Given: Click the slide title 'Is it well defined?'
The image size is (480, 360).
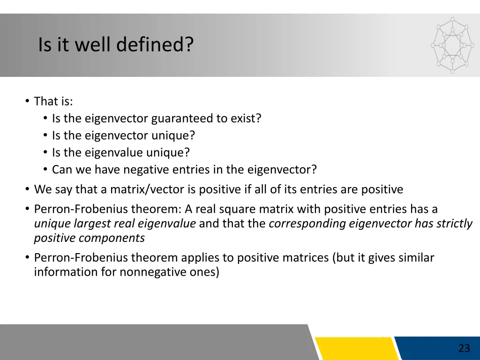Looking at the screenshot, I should click(x=115, y=45).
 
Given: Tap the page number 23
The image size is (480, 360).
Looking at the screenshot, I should click(x=464, y=348).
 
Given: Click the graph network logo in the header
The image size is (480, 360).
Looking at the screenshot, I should click(x=452, y=45).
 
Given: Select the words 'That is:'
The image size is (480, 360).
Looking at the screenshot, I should click(x=53, y=101).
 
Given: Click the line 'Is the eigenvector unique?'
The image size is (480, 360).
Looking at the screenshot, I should click(x=123, y=135).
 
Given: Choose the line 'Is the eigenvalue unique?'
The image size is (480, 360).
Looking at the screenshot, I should click(x=121, y=153).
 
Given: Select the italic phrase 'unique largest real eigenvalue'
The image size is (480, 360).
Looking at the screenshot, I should click(x=115, y=224).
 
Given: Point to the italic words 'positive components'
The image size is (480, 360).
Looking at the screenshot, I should click(x=89, y=238).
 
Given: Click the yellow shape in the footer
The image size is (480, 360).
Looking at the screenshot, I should click(x=356, y=348).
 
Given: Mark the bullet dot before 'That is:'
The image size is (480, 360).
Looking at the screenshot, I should click(x=28, y=101).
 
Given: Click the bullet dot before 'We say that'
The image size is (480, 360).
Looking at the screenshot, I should click(x=28, y=189).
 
